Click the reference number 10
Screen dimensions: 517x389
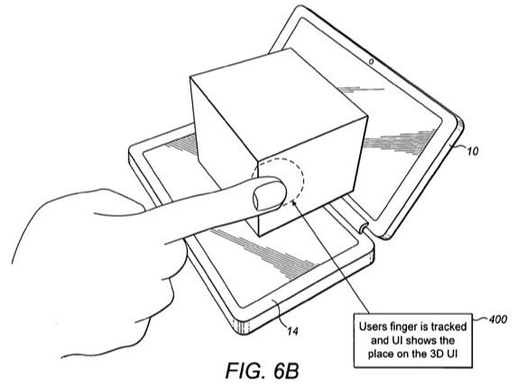(473, 151)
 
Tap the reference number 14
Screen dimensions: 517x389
(293, 330)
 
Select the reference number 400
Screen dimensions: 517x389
(498, 320)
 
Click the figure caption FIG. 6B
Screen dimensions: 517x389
(263, 371)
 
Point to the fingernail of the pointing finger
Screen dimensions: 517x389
(268, 197)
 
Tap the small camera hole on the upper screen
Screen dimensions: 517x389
(371, 61)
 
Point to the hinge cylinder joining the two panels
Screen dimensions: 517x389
(364, 227)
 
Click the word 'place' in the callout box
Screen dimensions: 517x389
(379, 355)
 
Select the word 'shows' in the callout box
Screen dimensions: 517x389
(420, 340)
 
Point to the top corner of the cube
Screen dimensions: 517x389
(290, 48)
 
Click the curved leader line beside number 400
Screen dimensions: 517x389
(480, 320)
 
